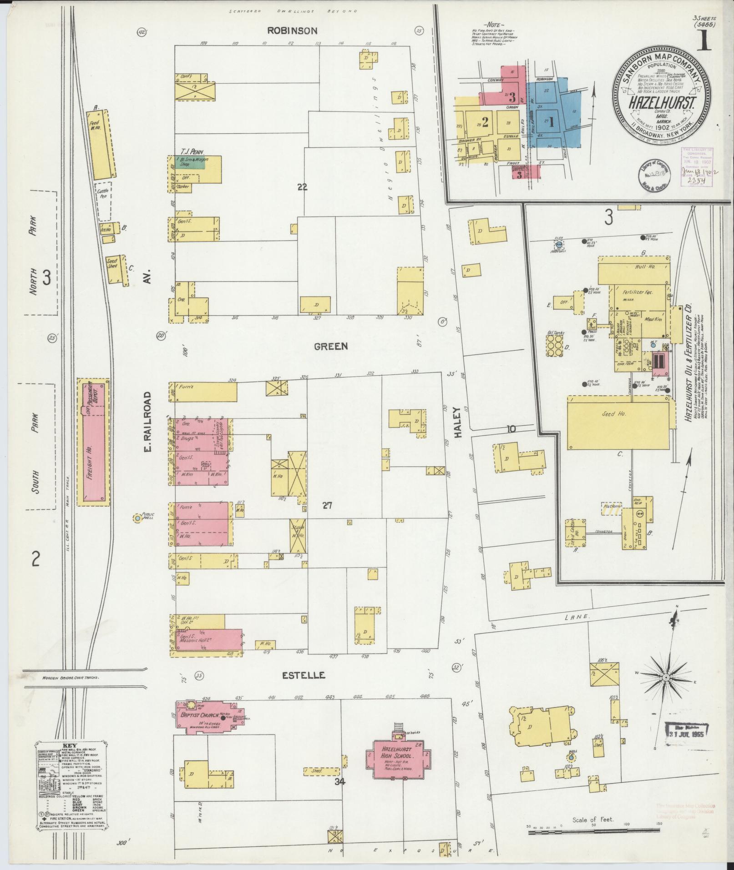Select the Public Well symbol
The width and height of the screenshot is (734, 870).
coord(137,518)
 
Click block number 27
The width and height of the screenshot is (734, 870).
coord(327,505)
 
